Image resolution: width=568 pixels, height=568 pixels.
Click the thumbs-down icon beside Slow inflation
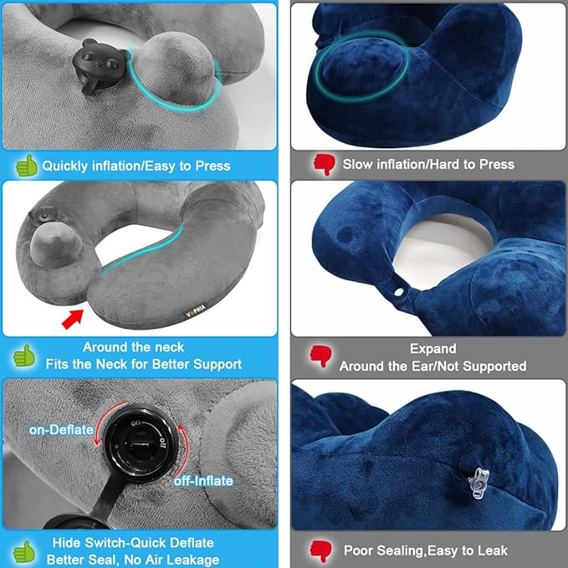[324, 164]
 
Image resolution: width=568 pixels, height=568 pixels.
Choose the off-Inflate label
[203, 481]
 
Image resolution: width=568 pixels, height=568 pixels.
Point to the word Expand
[432, 348]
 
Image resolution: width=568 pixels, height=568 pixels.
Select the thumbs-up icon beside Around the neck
[26, 355]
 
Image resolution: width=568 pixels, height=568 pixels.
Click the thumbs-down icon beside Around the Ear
[322, 356]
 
